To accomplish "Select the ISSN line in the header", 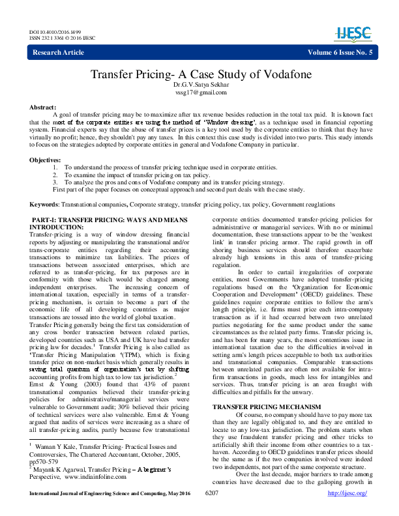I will tap(63, 38).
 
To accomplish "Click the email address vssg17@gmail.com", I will tap(199, 93).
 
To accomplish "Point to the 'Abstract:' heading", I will tap(43, 106).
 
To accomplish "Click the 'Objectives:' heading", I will tap(46, 160).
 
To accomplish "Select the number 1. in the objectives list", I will tap(56, 168).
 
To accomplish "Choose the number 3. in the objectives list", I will tap(56, 182).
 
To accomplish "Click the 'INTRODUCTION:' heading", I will tap(57, 227).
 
